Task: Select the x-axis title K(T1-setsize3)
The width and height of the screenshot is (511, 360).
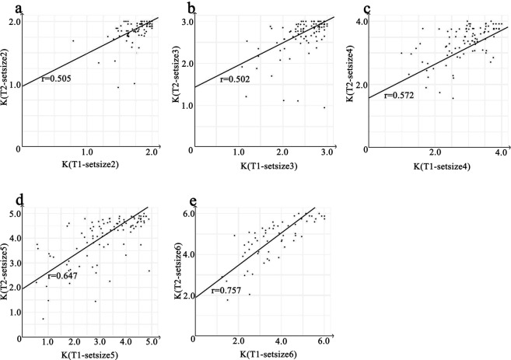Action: pyautogui.click(x=265, y=161)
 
